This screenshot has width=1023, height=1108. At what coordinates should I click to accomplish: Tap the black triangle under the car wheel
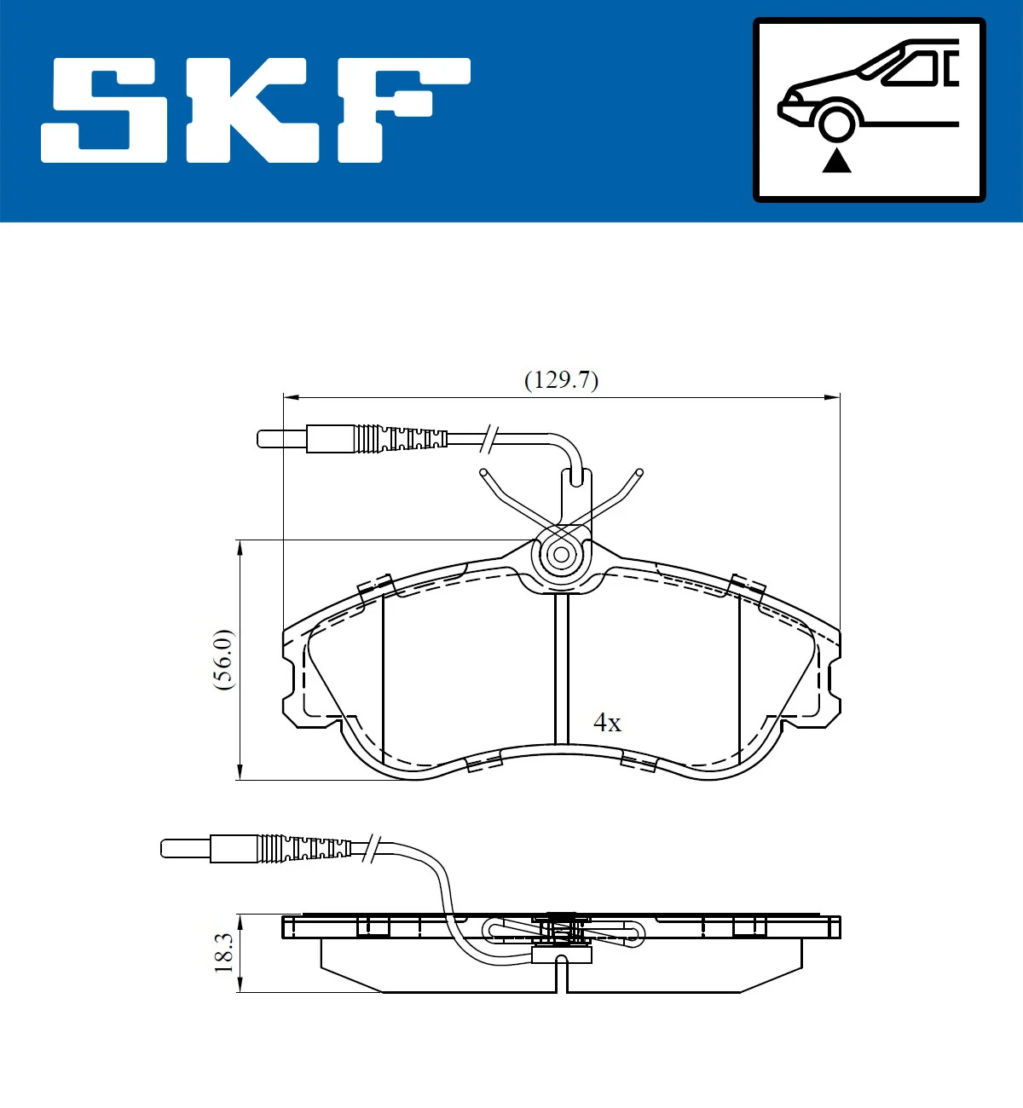(x=836, y=160)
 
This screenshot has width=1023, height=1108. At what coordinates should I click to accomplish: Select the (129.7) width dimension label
(x=561, y=379)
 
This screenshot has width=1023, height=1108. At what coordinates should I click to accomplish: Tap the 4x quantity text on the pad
(x=607, y=723)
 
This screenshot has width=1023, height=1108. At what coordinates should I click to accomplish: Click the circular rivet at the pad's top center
(x=561, y=555)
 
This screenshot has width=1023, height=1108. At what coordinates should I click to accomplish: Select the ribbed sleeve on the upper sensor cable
(x=401, y=439)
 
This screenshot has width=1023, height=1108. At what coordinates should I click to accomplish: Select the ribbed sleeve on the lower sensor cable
(x=304, y=848)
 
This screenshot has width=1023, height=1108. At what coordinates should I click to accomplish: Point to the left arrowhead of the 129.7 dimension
(x=291, y=396)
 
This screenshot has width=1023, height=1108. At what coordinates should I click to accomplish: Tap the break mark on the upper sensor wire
(x=489, y=438)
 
